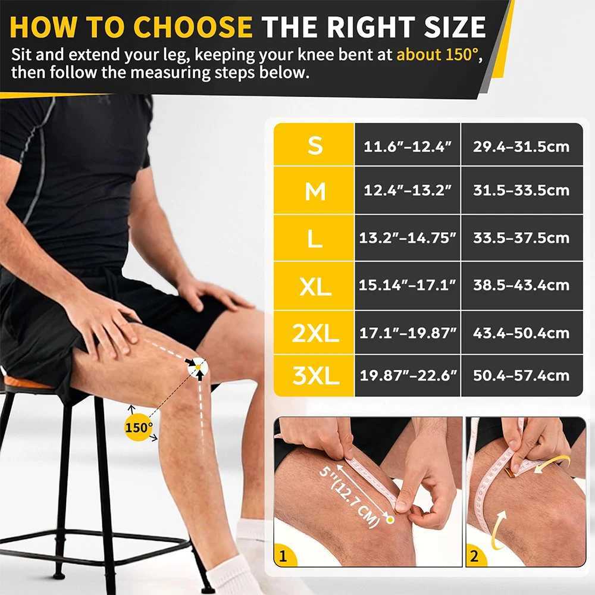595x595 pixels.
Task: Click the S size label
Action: click(315, 145)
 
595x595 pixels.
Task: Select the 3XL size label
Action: click(315, 375)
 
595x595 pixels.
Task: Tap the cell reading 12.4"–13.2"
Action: click(408, 191)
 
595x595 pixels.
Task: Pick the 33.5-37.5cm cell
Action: click(521, 238)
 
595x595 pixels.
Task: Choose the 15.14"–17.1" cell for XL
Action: click(408, 285)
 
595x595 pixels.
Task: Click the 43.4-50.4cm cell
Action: click(521, 333)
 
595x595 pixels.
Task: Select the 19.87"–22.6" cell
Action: click(408, 375)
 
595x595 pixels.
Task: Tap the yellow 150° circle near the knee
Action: click(139, 427)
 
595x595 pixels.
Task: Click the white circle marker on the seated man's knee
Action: click(198, 368)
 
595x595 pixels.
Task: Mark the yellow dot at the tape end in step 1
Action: click(390, 520)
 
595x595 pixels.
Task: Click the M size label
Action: click(315, 191)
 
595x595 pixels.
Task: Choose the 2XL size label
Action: click(315, 333)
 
